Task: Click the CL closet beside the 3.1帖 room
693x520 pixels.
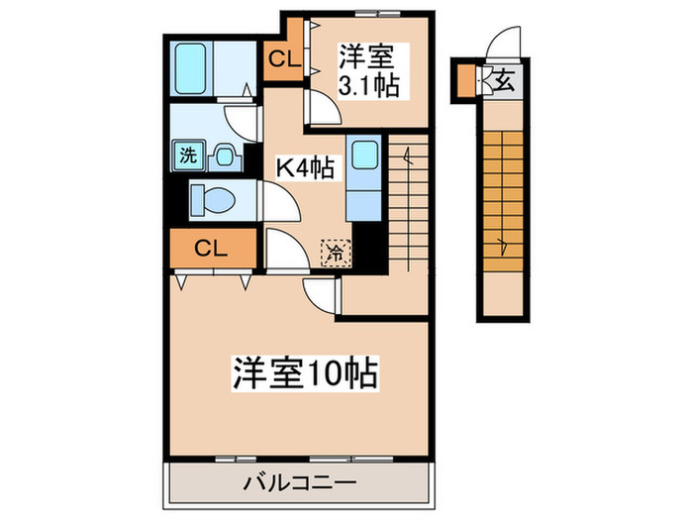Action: (x=284, y=57)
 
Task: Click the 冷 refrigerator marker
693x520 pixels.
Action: (x=337, y=253)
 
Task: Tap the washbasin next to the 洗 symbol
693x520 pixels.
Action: (x=225, y=156)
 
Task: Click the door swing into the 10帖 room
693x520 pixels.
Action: (x=320, y=293)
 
